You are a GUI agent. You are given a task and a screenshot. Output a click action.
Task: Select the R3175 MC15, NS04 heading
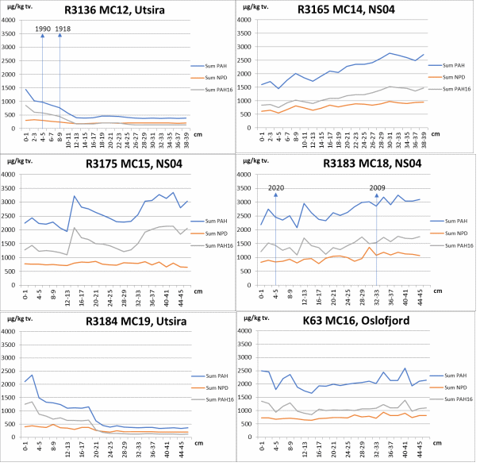pos(131,164)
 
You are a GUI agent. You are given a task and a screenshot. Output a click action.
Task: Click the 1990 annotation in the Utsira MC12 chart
pos(42,29)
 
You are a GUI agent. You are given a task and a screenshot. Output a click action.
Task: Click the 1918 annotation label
pos(63,29)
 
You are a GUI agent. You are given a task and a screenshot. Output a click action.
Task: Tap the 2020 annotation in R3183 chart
pos(275,188)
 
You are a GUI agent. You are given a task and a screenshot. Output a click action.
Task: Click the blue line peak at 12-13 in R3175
pos(74,196)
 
